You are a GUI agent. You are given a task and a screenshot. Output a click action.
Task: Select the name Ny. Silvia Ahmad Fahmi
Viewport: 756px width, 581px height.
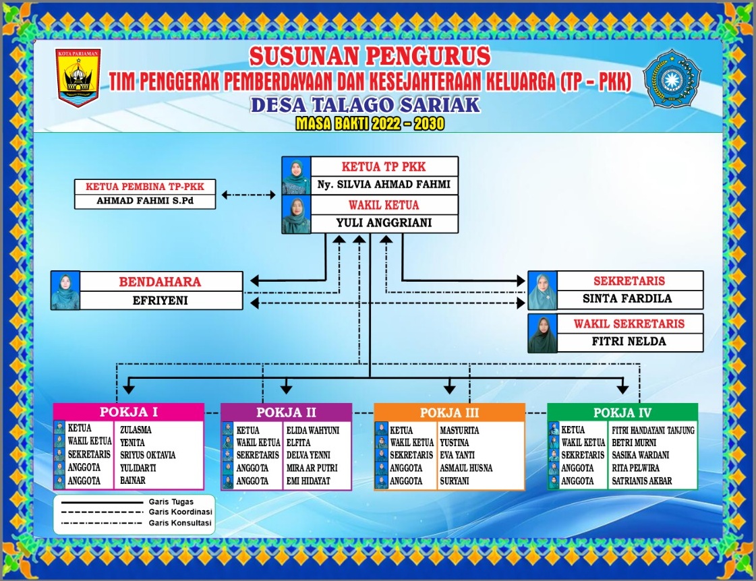click(384, 185)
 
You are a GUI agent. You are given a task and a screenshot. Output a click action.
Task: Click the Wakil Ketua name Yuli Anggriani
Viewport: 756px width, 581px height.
click(384, 222)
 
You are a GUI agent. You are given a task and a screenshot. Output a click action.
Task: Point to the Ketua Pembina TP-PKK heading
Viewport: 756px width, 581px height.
click(144, 187)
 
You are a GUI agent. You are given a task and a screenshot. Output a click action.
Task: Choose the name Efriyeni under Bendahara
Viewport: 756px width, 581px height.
click(160, 301)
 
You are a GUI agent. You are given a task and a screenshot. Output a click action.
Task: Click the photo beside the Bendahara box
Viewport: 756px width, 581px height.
click(65, 290)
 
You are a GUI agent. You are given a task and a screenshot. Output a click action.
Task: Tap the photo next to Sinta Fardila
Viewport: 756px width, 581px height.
click(542, 290)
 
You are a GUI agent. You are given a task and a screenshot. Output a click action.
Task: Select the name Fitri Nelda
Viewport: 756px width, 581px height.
click(629, 342)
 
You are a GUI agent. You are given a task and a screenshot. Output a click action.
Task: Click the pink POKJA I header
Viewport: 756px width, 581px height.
click(129, 412)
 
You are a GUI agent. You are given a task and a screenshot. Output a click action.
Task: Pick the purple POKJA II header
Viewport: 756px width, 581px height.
click(287, 412)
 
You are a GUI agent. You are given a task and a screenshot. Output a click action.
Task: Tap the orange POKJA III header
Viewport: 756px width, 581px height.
click(449, 413)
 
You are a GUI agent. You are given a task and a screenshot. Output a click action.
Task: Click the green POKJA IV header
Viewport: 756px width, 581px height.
click(622, 413)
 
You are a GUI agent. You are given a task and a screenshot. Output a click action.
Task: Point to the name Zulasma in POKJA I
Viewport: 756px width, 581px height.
click(136, 430)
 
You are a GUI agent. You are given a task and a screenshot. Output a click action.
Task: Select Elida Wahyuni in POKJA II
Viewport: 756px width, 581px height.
click(313, 430)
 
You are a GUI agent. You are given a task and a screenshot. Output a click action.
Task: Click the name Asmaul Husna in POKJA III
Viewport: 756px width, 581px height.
click(466, 468)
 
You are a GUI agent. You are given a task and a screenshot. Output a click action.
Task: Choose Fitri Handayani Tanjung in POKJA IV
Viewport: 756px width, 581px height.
click(653, 430)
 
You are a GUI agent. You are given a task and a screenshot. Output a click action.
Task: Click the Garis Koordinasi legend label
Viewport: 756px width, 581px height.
click(180, 512)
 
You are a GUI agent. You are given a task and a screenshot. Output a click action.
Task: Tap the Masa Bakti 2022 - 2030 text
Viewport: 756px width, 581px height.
click(370, 124)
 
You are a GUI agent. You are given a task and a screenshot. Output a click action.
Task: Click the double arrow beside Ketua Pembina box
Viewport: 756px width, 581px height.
click(248, 195)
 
